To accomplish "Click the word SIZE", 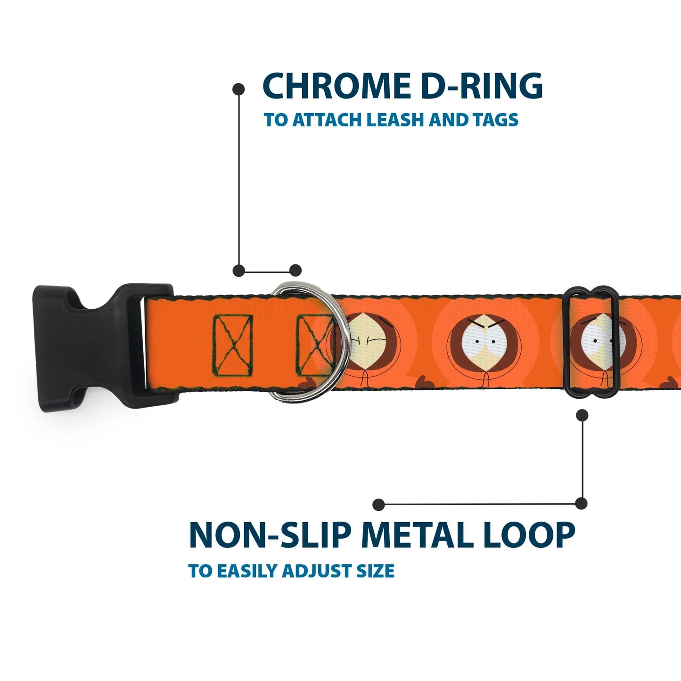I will (375, 571).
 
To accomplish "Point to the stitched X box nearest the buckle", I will (233, 345).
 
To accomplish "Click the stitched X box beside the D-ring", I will (313, 345).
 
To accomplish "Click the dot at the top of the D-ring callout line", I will (239, 89).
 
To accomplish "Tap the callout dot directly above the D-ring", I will (295, 271).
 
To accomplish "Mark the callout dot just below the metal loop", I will (583, 415).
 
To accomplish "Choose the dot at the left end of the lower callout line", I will (378, 505).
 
